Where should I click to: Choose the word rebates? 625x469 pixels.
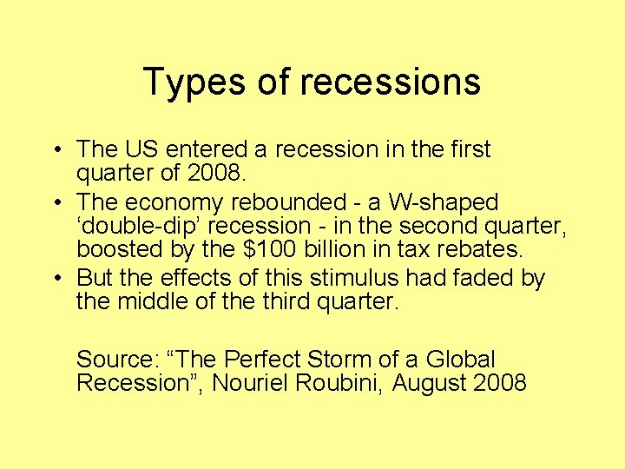click(482, 250)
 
